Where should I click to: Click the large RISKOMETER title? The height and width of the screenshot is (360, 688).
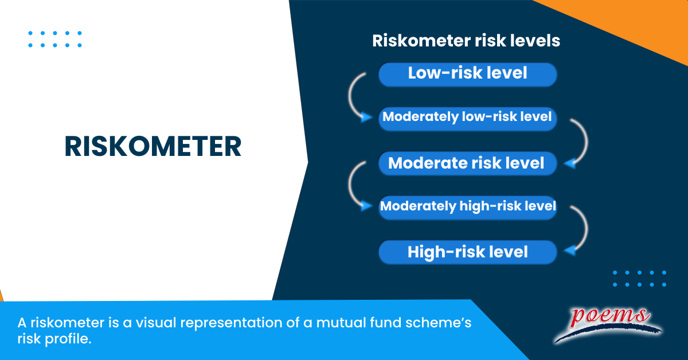[153, 147]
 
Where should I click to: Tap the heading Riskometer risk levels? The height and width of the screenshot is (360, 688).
[466, 41]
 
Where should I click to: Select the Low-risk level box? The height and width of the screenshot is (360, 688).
[467, 75]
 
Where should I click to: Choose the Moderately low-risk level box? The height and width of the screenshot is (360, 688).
[467, 119]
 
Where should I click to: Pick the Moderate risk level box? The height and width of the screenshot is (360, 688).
[467, 163]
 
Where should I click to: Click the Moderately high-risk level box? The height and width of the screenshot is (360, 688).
[467, 208]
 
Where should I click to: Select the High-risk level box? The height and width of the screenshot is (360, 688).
[467, 252]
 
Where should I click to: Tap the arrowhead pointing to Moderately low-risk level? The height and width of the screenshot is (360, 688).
[366, 117]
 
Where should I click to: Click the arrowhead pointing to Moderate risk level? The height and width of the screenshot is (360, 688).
[570, 163]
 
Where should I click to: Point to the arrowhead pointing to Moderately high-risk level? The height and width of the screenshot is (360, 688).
[366, 205]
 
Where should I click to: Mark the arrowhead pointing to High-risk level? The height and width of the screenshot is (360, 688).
[570, 251]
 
